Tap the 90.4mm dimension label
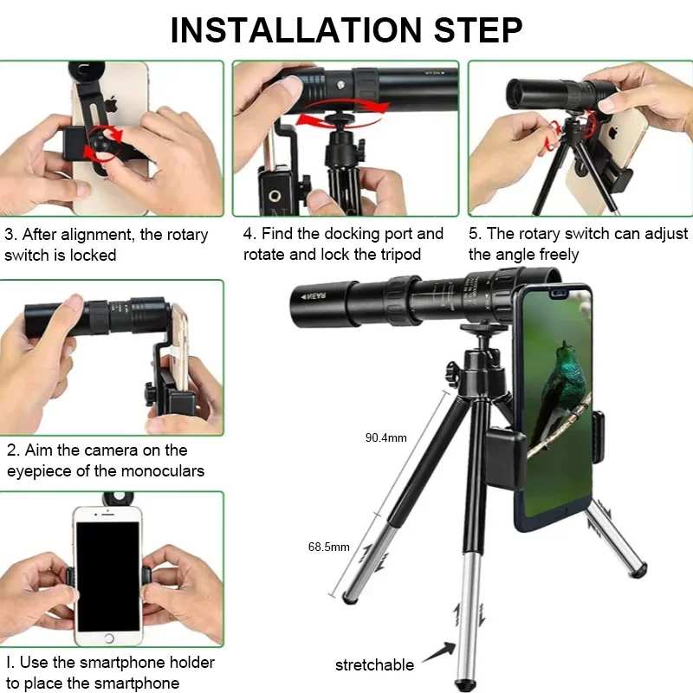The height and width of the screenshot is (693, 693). point(385,437)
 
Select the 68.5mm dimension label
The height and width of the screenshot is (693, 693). point(328,547)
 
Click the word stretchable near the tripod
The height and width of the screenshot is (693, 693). point(374,665)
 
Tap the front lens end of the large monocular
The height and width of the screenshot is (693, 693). point(299,296)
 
